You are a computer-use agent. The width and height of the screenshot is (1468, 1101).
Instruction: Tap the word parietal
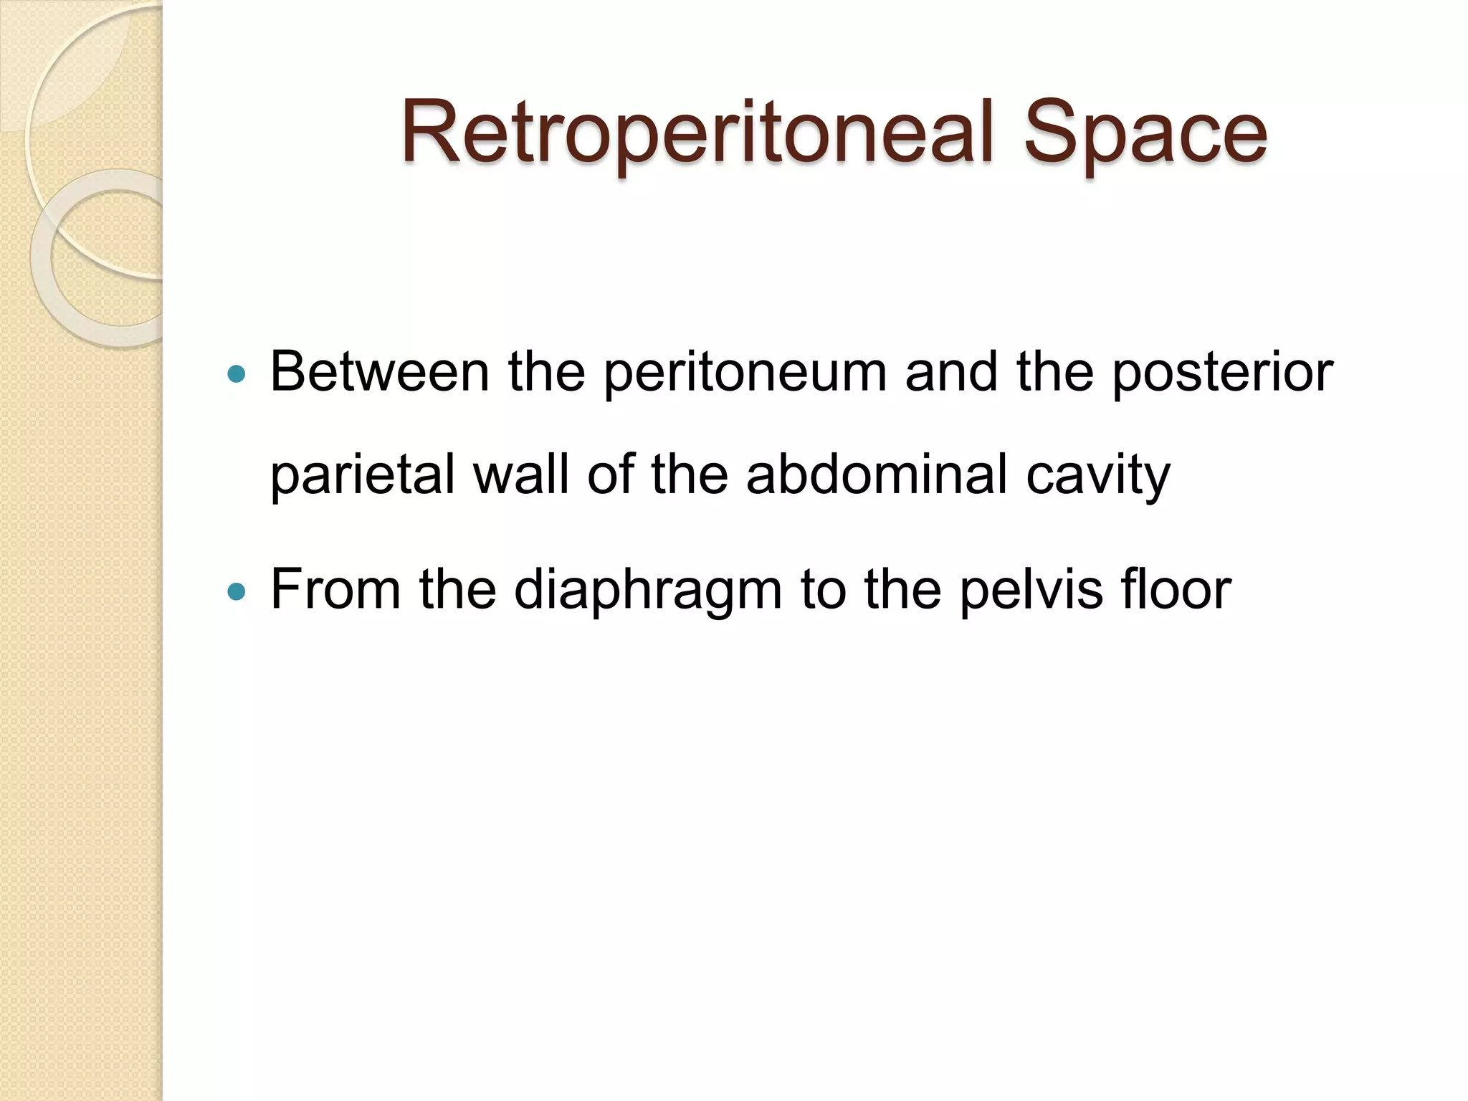tap(363, 476)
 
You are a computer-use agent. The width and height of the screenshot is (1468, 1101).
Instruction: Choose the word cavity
tap(1097, 476)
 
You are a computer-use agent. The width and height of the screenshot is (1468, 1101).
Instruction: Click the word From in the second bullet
tap(335, 589)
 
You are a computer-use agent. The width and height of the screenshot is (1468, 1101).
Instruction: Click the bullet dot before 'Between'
tap(236, 374)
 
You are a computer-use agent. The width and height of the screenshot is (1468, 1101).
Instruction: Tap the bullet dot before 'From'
tap(236, 592)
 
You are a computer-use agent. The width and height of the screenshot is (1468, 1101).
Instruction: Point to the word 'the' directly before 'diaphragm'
tap(457, 589)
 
